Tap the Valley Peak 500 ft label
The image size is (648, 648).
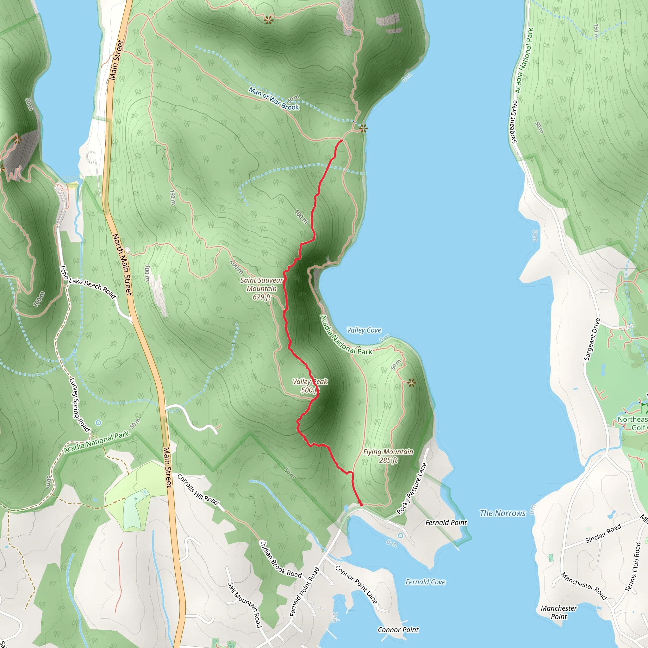coord(309,386)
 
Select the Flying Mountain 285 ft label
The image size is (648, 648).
coord(388,456)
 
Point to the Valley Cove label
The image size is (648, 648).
coord(364,330)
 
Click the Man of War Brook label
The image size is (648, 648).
coord(274,99)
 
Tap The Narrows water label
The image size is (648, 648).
coord(502,513)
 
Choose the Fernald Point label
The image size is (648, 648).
coord(446,522)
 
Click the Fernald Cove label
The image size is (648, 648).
coord(425,582)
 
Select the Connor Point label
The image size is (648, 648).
coord(398,630)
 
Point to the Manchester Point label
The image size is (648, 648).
coord(559,612)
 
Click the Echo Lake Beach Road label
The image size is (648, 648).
coord(88,282)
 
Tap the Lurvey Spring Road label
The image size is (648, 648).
coord(79,404)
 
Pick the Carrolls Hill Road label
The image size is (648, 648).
coord(198,490)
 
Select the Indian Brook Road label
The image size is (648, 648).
coord(281,560)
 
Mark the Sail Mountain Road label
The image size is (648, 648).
coord(245,605)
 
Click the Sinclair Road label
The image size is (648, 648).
coord(603,533)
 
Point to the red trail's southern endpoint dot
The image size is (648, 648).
coord(361,504)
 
